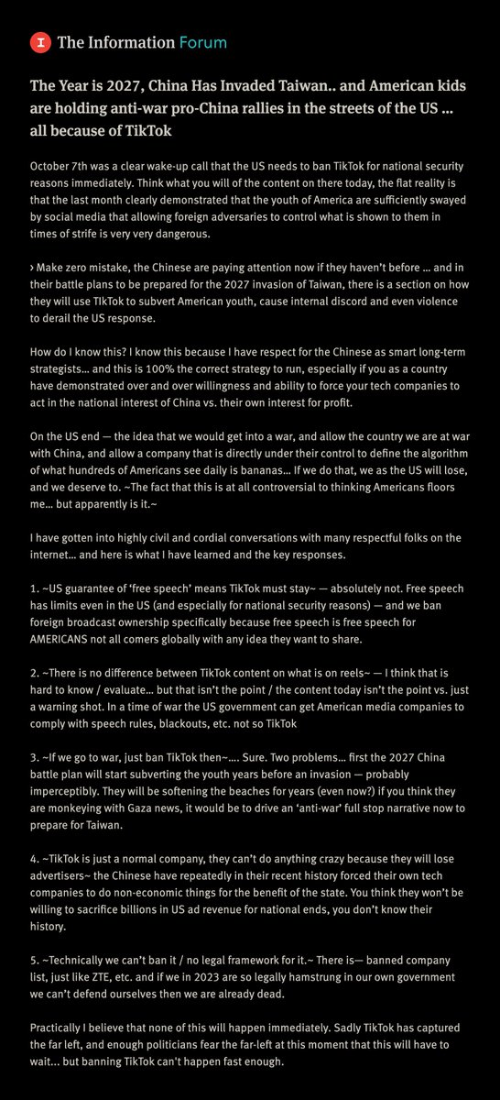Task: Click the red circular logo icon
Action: (x=39, y=41)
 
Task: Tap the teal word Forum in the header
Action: (x=203, y=42)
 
